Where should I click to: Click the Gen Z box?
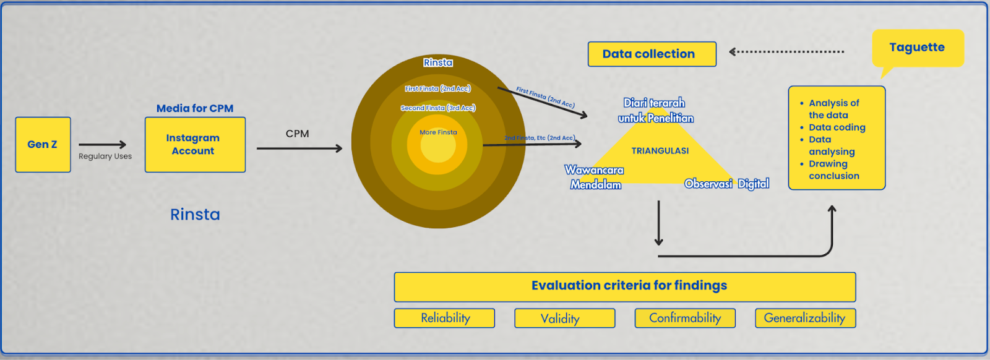point(43,145)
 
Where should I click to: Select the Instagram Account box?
point(195,145)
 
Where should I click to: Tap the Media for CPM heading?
point(195,108)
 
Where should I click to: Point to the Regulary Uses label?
point(105,156)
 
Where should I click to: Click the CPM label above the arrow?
point(297,134)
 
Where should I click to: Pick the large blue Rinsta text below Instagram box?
point(195,215)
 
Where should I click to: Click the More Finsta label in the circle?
point(438,132)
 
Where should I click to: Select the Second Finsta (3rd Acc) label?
point(437,108)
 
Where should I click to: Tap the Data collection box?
point(652,54)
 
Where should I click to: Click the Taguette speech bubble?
point(917,48)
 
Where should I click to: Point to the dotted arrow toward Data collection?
point(786,52)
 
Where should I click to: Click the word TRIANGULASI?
point(660,151)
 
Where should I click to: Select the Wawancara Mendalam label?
point(595,177)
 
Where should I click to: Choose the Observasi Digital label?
point(726,184)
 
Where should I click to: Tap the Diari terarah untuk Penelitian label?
point(655,111)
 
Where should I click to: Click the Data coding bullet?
point(837,127)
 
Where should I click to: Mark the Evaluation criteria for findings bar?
point(625,286)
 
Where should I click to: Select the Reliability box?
point(444,318)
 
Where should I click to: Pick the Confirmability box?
point(685,318)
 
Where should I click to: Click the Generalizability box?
point(805,318)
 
